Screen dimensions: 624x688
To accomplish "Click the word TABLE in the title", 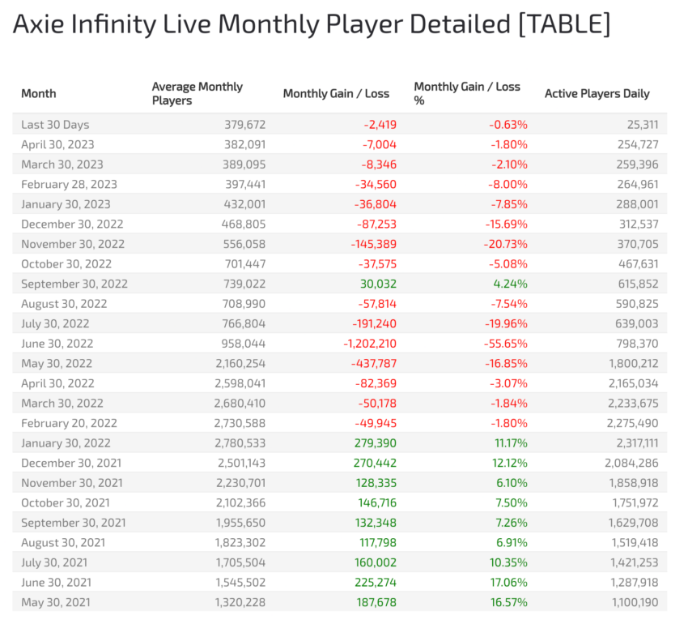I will pyautogui.click(x=563, y=24).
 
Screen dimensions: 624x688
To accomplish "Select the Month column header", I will pyautogui.click(x=39, y=93).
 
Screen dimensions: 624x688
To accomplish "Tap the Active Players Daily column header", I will pyautogui.click(x=597, y=93).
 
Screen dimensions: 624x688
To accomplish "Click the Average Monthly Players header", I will pyautogui.click(x=197, y=93).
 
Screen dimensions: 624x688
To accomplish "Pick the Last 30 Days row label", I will pyautogui.click(x=55, y=125).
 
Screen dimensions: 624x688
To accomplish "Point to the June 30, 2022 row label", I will pyautogui.click(x=57, y=344).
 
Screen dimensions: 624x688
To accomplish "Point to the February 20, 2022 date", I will pyautogui.click(x=69, y=423).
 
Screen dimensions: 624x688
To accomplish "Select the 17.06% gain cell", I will pyautogui.click(x=508, y=582).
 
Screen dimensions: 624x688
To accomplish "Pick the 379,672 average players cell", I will pyautogui.click(x=244, y=125).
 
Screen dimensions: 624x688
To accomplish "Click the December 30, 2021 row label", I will pyautogui.click(x=72, y=463).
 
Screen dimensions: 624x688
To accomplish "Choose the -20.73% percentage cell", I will pyautogui.click(x=506, y=244).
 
